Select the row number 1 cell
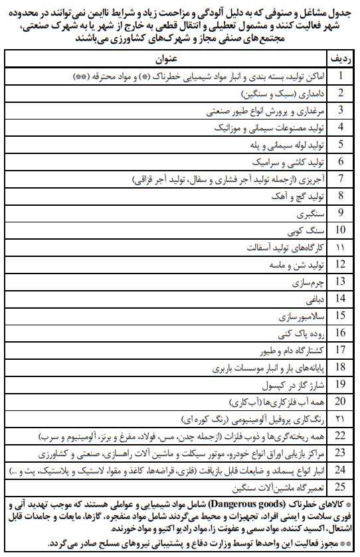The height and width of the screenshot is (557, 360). click(x=340, y=76)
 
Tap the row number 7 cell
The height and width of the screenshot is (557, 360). click(x=340, y=179)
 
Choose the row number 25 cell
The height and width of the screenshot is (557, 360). click(x=340, y=486)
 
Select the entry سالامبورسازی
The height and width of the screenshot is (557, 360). click(x=302, y=315)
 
